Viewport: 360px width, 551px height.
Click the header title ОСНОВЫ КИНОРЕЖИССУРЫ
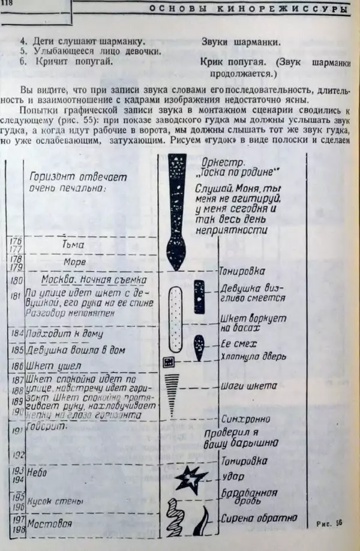click(x=248, y=8)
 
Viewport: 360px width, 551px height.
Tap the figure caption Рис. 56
click(x=329, y=523)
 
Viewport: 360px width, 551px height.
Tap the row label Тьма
click(x=73, y=245)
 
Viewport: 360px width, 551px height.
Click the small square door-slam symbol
click(x=169, y=361)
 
